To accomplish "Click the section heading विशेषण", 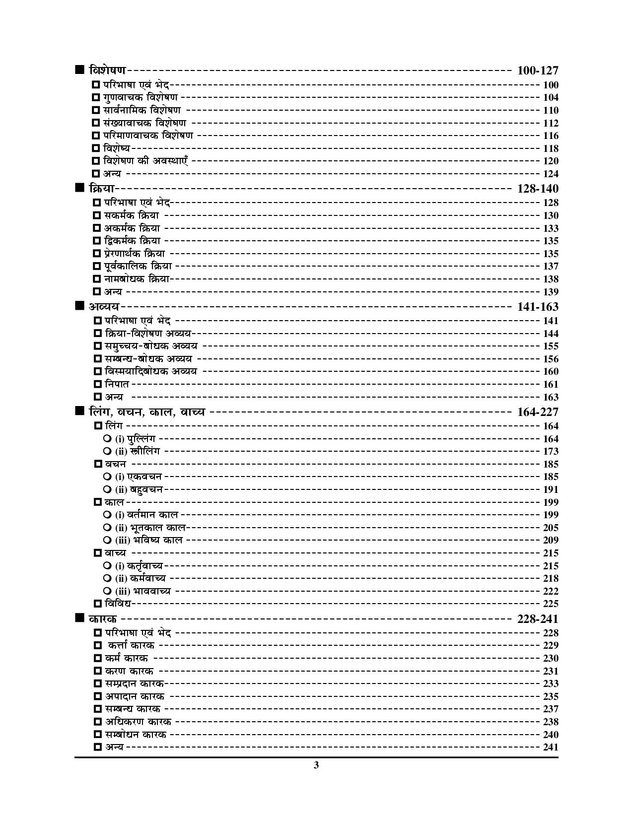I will point(107,70).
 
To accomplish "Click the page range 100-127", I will point(537,70).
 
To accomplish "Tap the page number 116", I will point(551,136).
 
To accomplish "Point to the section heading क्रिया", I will point(102,189).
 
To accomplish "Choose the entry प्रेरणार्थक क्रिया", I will point(135,254).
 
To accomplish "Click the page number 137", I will point(551,267).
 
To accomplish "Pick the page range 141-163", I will point(537,307).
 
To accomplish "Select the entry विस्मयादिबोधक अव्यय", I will point(151,371).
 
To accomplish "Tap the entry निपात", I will point(117,384).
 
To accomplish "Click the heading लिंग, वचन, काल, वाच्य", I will point(146,412).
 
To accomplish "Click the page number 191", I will point(551,489).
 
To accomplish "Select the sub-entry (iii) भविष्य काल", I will point(149,540).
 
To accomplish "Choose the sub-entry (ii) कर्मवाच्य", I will point(141,578).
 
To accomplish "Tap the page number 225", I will point(551,604).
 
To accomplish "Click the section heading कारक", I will point(103,619).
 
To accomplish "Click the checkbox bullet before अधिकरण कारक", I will point(98,722).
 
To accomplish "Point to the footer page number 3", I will point(316,765).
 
